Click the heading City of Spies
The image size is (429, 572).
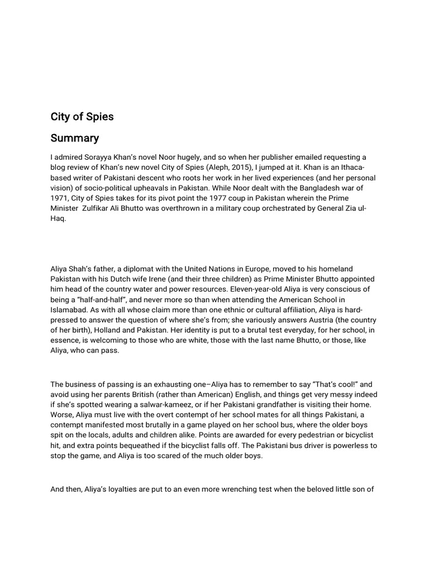tap(82, 117)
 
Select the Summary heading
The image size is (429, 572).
tap(75, 137)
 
